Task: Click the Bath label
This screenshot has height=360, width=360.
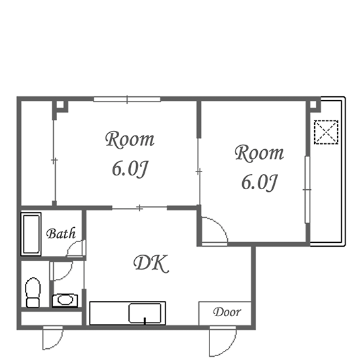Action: pyautogui.click(x=61, y=233)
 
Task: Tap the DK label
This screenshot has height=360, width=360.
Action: pyautogui.click(x=151, y=264)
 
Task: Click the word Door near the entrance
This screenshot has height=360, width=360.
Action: pyautogui.click(x=227, y=312)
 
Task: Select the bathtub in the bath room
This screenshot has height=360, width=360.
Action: pyautogui.click(x=31, y=234)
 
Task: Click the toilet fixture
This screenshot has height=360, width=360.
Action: pyautogui.click(x=33, y=293)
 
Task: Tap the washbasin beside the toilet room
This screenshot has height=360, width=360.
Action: pyautogui.click(x=65, y=300)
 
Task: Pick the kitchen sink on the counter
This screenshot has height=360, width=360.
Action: pyautogui.click(x=145, y=313)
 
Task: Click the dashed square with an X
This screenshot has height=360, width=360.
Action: pyautogui.click(x=326, y=132)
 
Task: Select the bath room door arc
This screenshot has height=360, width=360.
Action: pyautogui.click(x=73, y=245)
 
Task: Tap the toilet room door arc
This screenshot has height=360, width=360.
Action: pyautogui.click(x=67, y=274)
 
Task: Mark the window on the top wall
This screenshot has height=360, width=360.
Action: pyautogui.click(x=127, y=99)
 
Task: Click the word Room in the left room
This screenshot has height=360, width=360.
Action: pyautogui.click(x=130, y=139)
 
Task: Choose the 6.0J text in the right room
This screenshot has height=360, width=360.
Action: pyautogui.click(x=259, y=182)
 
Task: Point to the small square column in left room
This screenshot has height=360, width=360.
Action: pyautogui.click(x=60, y=105)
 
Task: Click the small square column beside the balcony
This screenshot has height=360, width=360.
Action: pyautogui.click(x=313, y=105)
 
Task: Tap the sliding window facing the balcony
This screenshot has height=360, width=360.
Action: pyautogui.click(x=307, y=190)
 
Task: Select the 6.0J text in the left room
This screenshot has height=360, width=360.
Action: pyautogui.click(x=130, y=169)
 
